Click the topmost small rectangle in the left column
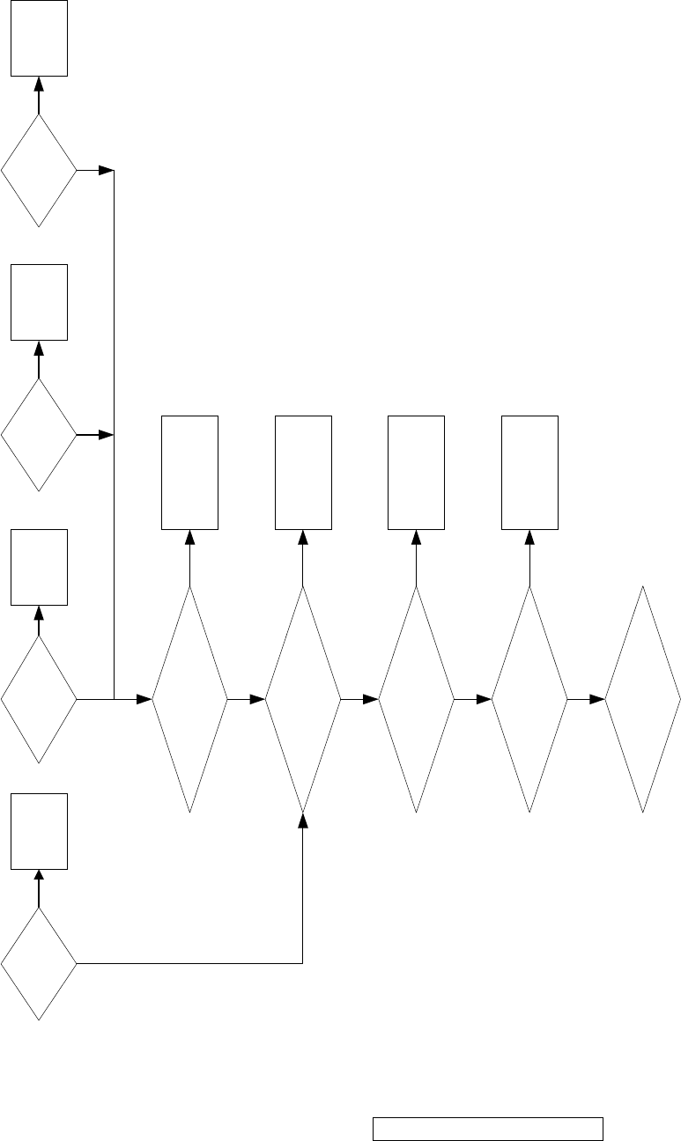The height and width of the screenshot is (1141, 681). pos(39,38)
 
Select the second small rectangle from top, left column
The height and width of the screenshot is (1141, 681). pos(39,302)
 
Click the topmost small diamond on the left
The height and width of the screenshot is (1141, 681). pos(39,170)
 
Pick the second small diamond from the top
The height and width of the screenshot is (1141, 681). pos(39,435)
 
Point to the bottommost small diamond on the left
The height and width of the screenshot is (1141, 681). pos(39,964)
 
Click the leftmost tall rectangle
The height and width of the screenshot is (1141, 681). pos(189,473)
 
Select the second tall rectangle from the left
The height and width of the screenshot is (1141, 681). pos(303,473)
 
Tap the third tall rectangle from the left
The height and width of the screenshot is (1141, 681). pos(416,473)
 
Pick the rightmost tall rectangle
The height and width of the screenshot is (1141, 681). pos(529,473)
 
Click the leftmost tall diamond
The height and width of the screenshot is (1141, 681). pos(189,699)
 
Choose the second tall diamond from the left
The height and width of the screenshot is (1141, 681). pos(303,699)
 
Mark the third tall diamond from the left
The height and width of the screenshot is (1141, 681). pos(416,699)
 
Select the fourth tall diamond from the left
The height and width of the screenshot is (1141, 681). pos(529,699)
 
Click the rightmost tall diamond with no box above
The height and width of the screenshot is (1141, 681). pos(643,699)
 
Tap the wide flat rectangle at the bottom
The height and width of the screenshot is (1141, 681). pos(488,1129)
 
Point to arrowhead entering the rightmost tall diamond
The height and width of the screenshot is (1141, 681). pos(597,699)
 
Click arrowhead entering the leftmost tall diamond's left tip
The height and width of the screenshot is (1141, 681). pos(144,699)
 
